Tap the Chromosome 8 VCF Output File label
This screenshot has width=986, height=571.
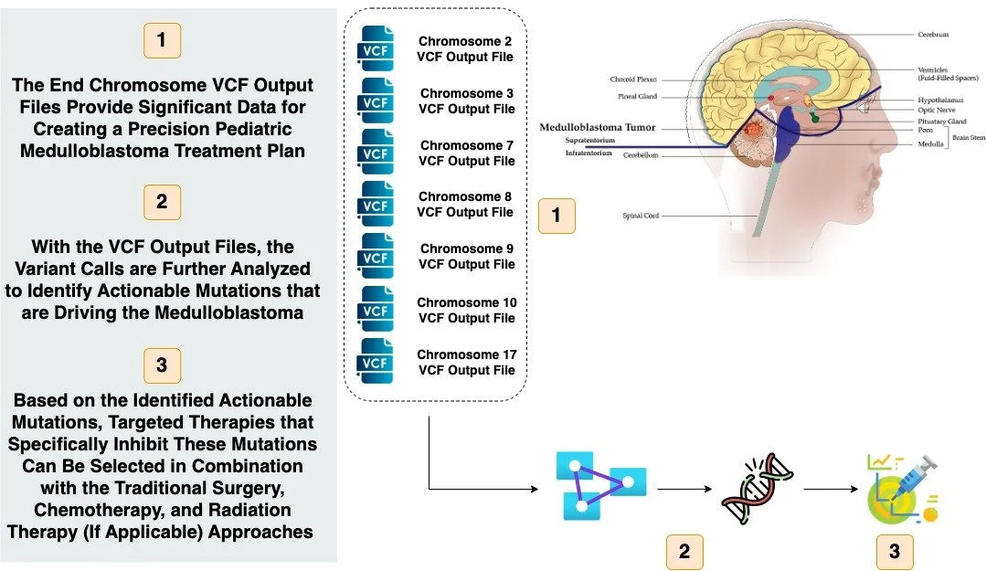tap(465, 204)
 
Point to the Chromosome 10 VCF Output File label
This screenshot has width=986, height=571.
tap(465, 310)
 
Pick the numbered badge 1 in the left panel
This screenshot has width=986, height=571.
tap(163, 41)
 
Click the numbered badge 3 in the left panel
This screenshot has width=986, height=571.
tap(163, 365)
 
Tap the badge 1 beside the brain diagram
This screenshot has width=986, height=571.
tap(557, 216)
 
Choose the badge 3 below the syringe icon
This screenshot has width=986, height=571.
tap(894, 551)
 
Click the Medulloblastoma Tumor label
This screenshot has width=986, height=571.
tap(597, 127)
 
